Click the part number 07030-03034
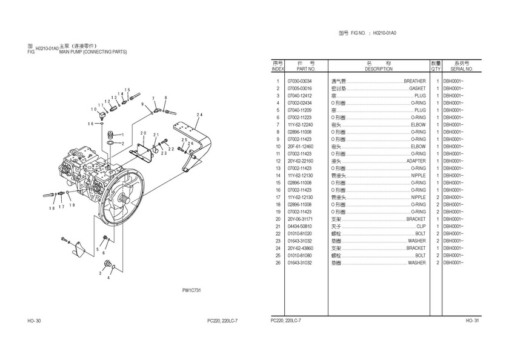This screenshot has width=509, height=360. click(x=299, y=81)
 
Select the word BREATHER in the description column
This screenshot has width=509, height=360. click(x=414, y=81)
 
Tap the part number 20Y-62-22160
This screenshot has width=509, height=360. click(x=300, y=161)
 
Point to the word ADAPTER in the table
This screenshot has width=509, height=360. click(x=416, y=161)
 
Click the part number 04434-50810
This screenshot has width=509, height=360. click(x=299, y=227)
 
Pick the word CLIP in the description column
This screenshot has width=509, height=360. click(x=421, y=227)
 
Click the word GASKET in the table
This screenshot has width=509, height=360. click(x=417, y=88)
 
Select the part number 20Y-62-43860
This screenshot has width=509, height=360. click(x=300, y=248)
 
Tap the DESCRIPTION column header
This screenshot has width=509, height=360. click(x=379, y=69)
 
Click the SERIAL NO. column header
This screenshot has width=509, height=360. click(x=457, y=69)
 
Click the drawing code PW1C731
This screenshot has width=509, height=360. click(x=191, y=291)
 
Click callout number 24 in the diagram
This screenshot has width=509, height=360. click(x=199, y=115)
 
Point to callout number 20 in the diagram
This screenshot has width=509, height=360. click(x=143, y=133)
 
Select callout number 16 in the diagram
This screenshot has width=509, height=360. click(x=91, y=124)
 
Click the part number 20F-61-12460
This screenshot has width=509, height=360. click(x=299, y=147)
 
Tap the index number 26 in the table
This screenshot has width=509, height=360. click(x=278, y=263)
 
